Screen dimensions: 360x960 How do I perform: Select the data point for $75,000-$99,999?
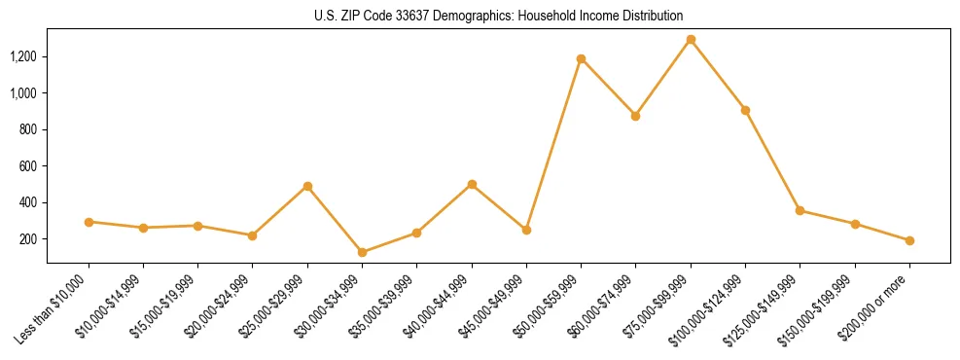[691, 40]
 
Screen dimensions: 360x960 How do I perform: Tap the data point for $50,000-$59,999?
[581, 59]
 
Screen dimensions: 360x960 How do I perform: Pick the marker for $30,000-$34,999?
[362, 253]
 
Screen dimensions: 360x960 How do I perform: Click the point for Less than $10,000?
[89, 222]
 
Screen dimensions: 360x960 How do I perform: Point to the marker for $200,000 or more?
[909, 240]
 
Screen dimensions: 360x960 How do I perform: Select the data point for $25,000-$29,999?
[307, 186]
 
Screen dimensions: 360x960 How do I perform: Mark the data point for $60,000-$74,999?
[635, 116]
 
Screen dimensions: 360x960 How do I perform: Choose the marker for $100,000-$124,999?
[745, 111]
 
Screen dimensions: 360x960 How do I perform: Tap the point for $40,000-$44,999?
[472, 184]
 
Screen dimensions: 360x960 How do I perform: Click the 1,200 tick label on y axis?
[22, 56]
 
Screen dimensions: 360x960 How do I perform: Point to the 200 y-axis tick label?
[28, 239]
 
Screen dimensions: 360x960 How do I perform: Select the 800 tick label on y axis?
[28, 129]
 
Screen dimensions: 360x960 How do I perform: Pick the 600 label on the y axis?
[28, 166]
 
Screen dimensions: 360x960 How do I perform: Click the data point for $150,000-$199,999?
[855, 224]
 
